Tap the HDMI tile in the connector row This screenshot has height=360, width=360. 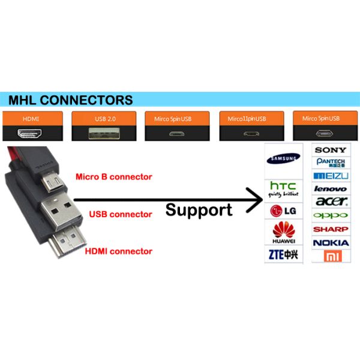[31, 127]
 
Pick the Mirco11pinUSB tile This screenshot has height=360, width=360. [250, 127]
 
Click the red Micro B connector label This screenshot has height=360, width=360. [113, 177]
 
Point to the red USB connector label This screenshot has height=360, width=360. [121, 214]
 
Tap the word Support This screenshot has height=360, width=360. [199, 210]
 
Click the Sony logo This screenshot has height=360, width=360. [331, 149]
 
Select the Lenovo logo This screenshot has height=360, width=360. [331, 188]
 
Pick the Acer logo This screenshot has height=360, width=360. [331, 202]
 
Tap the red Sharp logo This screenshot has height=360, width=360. [331, 229]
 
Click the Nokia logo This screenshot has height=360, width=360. [331, 242]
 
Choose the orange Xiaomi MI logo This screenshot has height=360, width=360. [331, 256]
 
